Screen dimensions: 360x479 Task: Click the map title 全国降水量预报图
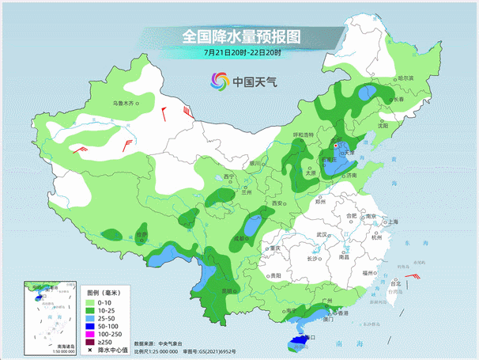tap(242, 36)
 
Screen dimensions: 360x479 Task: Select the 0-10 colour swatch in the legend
tap(91, 301)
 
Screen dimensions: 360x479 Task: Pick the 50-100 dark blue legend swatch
tap(91, 326)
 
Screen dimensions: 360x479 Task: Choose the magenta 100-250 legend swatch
tap(91, 334)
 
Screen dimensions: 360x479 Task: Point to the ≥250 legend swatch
tap(91, 342)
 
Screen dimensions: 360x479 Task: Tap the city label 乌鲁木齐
tap(124, 103)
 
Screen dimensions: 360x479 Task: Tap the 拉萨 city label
tap(141, 234)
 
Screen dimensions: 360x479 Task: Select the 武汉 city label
tap(322, 235)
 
